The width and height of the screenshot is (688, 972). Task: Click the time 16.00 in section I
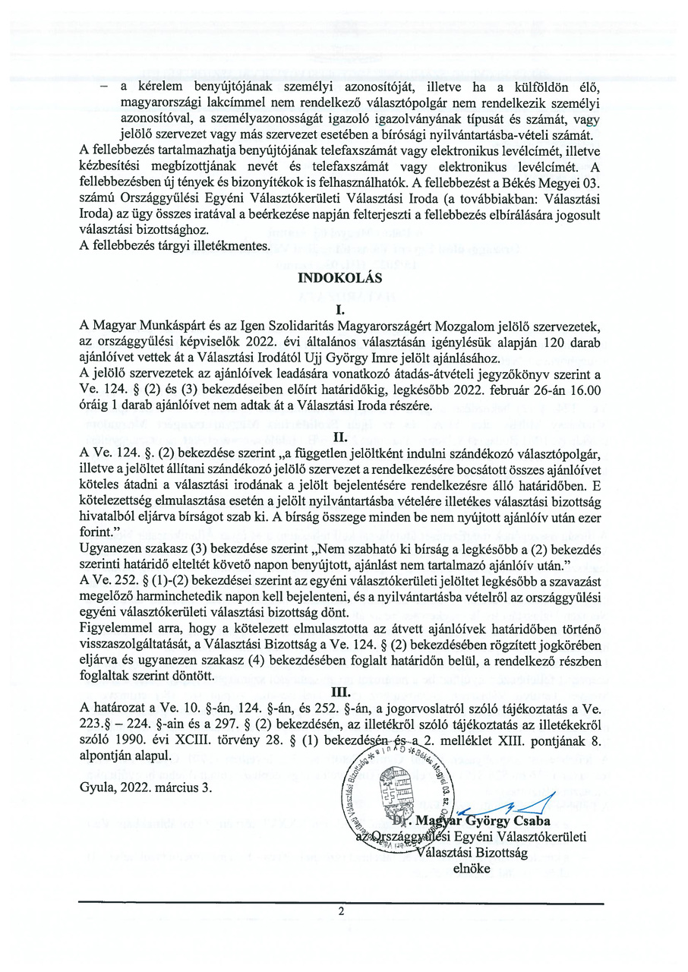click(x=585, y=390)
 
